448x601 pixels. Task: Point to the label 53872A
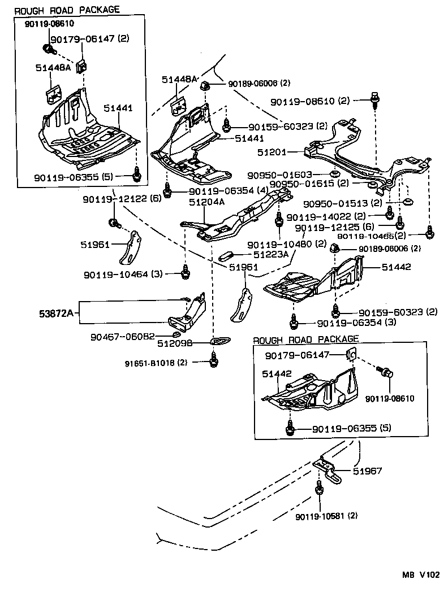[x=58, y=312]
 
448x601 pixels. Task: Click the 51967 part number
[x=368, y=470]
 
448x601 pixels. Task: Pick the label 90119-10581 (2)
[x=326, y=516]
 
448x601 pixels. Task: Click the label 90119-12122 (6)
[x=122, y=199]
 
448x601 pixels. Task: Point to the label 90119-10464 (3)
[x=123, y=274]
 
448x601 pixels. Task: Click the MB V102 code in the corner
[x=420, y=575]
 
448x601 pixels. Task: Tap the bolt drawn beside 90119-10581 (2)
[x=318, y=489]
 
